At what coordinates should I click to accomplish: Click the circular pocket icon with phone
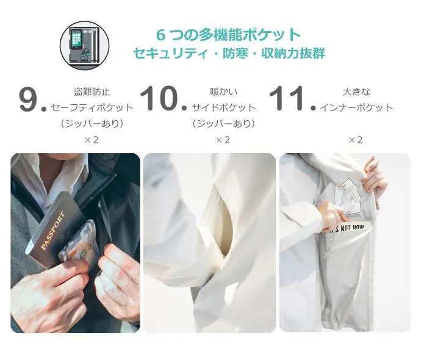pos(84,46)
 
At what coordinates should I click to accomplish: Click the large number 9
pos(28,99)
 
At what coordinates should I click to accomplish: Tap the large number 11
pos(287,98)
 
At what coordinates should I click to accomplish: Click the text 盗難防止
pos(92,92)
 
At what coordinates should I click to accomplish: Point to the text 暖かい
pos(224,92)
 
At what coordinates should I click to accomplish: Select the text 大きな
pos(356,92)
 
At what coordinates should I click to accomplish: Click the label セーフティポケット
pos(92,107)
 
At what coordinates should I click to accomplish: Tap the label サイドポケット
pos(224,107)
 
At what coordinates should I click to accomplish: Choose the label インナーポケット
pos(356,107)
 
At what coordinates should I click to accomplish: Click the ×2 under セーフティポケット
pos(92,140)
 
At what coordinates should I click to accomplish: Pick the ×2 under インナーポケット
pos(356,140)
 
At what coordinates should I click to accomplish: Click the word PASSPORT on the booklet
pos(53,230)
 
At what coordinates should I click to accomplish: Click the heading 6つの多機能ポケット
pos(229,35)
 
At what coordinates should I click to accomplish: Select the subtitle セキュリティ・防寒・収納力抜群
pos(229,53)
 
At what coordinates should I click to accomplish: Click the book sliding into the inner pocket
pos(349,227)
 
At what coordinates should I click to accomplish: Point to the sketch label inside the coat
pos(348,194)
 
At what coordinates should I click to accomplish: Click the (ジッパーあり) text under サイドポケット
pos(224,123)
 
